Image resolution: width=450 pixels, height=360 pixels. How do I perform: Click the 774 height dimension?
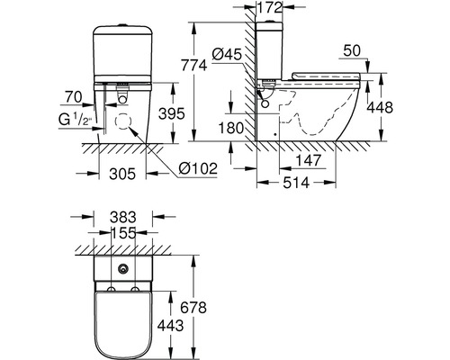point(194,65)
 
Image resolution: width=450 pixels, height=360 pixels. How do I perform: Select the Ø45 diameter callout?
point(227,55)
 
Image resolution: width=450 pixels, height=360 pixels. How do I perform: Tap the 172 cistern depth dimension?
point(270,7)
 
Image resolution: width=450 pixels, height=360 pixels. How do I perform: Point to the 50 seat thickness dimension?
point(352,50)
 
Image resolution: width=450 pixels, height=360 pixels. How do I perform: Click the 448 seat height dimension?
point(380,107)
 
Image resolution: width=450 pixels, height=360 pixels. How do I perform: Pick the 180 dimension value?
point(231,128)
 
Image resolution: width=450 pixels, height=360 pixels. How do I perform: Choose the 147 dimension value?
point(309,160)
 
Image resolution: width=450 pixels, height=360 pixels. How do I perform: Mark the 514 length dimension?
point(296,183)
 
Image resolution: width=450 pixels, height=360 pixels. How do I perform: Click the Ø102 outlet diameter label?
point(198,168)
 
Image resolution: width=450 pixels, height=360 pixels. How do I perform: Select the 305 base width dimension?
point(122,174)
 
